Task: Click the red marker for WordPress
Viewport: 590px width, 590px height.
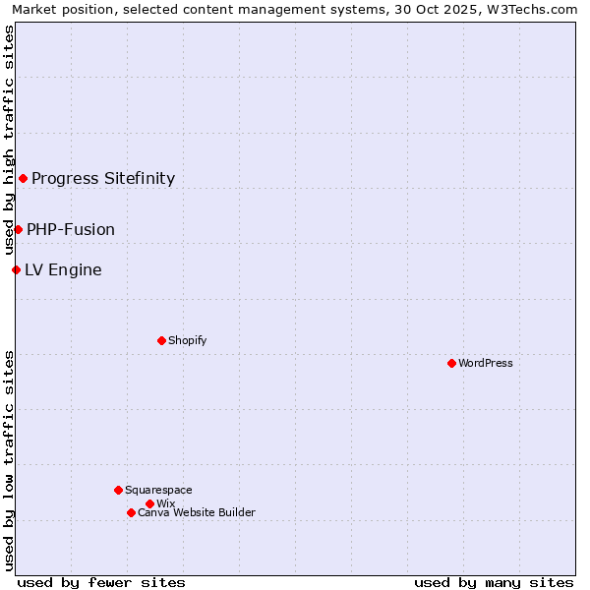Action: (x=451, y=363)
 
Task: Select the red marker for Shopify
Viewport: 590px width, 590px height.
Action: (x=161, y=340)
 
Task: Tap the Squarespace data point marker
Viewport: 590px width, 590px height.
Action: (x=118, y=490)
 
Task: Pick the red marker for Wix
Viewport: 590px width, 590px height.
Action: (x=149, y=503)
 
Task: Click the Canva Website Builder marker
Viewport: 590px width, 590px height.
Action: (x=131, y=512)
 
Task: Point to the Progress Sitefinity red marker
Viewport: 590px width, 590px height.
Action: (x=23, y=178)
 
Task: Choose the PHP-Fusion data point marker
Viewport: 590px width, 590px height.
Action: (x=18, y=229)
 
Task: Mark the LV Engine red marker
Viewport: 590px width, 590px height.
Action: (x=16, y=269)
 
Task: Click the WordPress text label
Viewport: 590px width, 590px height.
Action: (x=486, y=363)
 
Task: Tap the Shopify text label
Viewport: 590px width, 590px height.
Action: (x=187, y=340)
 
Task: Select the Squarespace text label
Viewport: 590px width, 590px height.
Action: (x=158, y=490)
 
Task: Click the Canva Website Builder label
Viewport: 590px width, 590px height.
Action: (x=197, y=512)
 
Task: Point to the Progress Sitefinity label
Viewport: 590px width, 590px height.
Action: (x=103, y=178)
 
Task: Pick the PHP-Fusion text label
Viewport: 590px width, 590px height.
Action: (x=71, y=229)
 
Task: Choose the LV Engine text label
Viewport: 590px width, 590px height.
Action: (x=63, y=269)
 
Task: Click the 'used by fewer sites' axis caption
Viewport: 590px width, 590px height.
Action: (x=101, y=582)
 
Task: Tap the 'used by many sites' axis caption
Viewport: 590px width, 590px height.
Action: (x=494, y=582)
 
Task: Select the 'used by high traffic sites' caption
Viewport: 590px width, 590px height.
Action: (x=9, y=140)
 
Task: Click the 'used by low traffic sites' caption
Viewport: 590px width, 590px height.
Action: (x=9, y=460)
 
